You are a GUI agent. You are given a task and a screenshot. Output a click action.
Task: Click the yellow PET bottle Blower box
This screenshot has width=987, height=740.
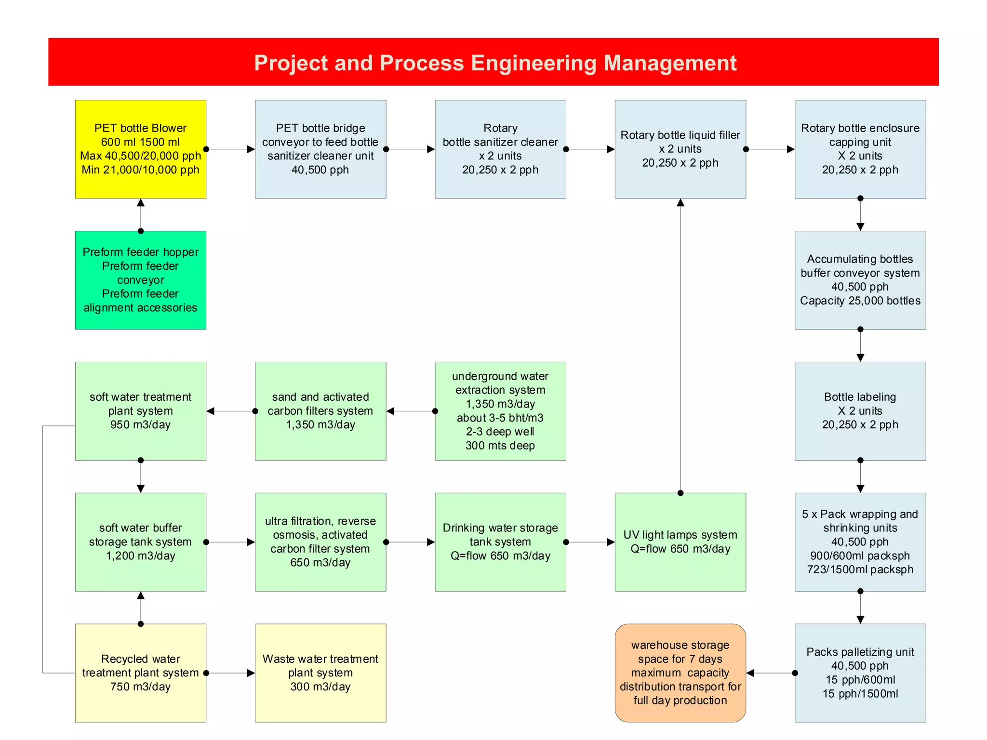[x=140, y=149]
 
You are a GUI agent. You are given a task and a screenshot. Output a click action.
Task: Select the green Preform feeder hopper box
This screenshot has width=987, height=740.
[x=140, y=280]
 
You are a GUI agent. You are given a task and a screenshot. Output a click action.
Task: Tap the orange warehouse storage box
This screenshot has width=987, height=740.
[x=680, y=673]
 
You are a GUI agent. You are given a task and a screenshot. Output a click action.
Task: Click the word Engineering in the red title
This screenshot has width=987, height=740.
[x=534, y=63]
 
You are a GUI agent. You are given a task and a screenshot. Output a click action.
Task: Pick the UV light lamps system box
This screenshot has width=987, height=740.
[x=680, y=542]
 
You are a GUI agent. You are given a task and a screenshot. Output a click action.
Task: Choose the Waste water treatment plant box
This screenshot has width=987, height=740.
[x=320, y=673]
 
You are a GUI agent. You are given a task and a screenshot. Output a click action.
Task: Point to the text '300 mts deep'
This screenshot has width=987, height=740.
[x=500, y=446]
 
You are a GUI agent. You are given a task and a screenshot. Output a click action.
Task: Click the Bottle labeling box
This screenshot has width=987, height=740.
[x=860, y=411]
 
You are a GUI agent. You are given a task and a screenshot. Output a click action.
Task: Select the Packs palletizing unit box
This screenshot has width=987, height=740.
[x=860, y=673]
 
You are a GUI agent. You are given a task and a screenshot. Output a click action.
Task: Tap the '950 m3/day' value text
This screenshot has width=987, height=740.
[x=140, y=425]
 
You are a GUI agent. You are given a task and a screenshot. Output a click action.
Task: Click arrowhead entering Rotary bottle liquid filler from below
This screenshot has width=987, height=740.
[x=680, y=203]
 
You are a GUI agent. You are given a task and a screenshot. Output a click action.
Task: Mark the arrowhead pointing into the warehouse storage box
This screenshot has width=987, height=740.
[x=750, y=673]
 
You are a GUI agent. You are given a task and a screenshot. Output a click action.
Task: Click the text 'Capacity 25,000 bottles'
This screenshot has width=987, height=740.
[x=860, y=301]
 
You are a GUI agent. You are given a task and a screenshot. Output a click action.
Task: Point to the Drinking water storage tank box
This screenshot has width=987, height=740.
[x=500, y=542]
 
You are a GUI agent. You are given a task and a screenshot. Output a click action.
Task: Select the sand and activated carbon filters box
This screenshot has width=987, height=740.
[x=320, y=411]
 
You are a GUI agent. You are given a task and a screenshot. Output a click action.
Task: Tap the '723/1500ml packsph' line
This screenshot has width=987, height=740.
[x=860, y=569]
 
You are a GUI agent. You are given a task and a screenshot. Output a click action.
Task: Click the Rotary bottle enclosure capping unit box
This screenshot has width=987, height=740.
[x=860, y=149]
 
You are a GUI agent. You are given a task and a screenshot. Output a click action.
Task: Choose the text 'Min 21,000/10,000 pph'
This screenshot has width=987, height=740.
[x=140, y=170]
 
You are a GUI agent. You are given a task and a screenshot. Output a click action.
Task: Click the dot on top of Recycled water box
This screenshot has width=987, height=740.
[x=141, y=624]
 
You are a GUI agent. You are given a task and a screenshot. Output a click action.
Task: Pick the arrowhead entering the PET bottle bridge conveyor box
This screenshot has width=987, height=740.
[x=251, y=149]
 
